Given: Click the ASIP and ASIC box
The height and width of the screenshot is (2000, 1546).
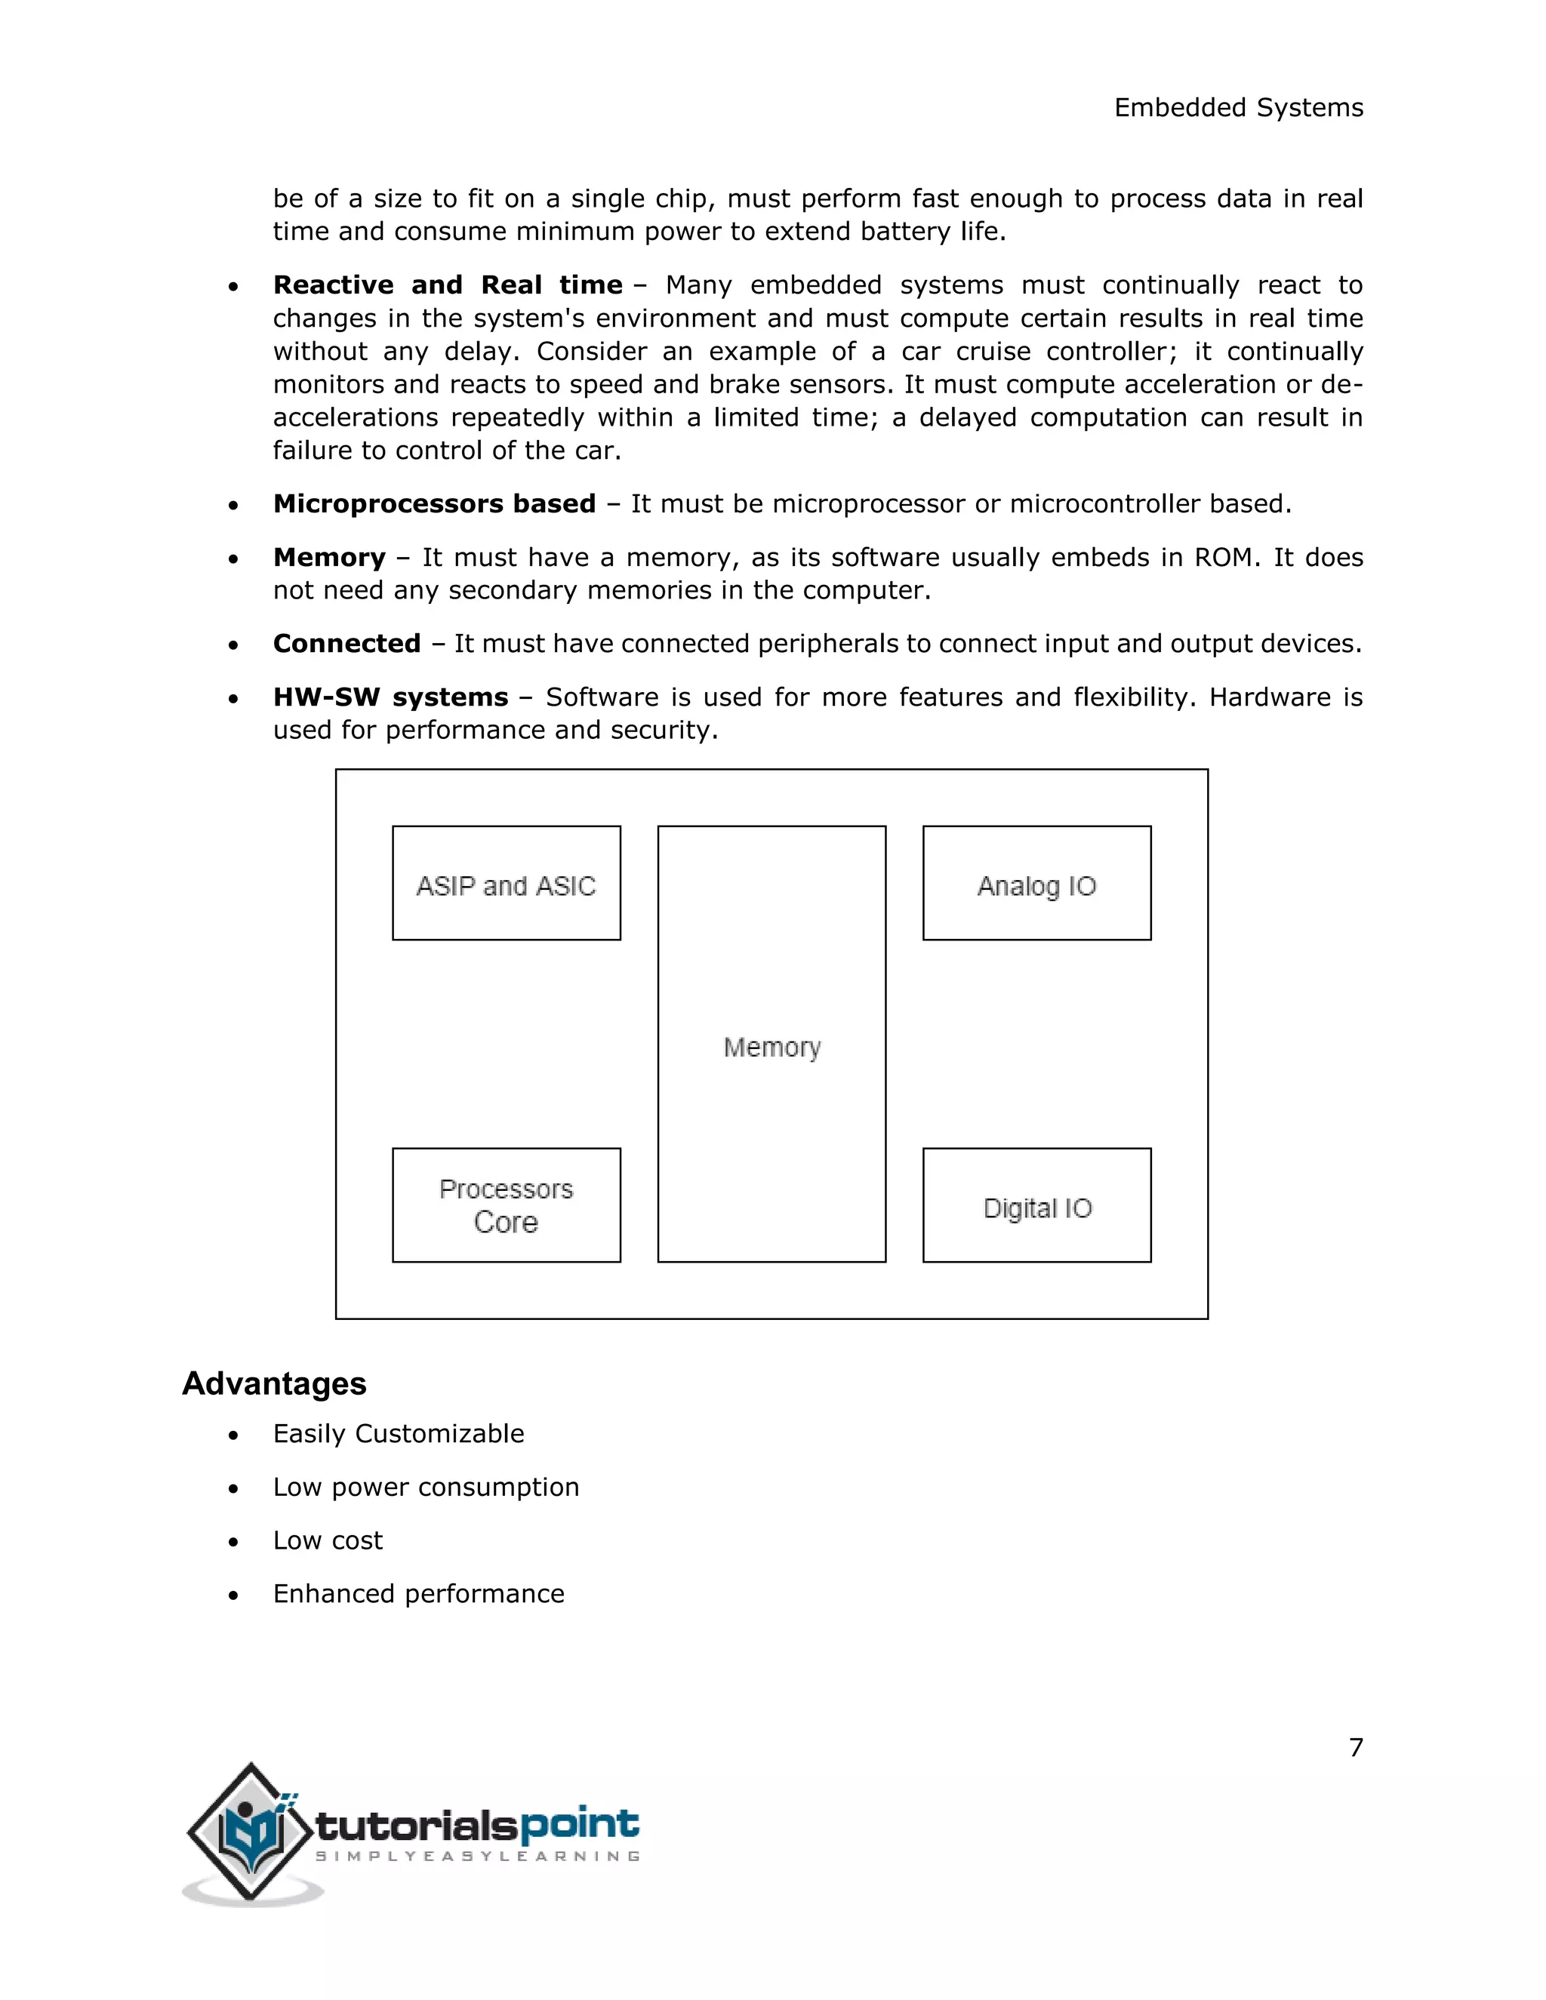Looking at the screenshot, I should [507, 884].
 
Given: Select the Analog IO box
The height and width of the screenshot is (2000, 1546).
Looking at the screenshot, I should [1036, 884].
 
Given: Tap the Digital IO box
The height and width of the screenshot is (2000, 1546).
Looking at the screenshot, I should [1036, 1206].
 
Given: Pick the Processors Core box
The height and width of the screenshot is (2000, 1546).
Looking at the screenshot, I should [507, 1206].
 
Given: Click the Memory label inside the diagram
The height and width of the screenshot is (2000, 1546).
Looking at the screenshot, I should [771, 1047].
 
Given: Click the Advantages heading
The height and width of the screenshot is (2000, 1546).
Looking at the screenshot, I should [274, 1383].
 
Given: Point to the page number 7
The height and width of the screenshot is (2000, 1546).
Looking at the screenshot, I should [1356, 1747].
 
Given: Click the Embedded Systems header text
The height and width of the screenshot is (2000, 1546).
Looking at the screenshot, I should [1238, 108].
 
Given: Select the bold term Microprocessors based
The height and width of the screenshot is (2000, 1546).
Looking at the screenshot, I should [434, 503].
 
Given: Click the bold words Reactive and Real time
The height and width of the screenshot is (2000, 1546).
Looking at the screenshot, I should [447, 285].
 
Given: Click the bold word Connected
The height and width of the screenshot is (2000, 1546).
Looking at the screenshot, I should [346, 644].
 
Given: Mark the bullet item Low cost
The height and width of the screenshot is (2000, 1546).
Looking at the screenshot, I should [327, 1540].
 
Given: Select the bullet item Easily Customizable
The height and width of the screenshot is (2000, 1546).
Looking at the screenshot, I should [399, 1433].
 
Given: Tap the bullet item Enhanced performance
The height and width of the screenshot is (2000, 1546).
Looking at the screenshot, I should [418, 1593].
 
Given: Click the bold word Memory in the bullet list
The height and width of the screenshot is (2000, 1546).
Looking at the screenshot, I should [329, 558].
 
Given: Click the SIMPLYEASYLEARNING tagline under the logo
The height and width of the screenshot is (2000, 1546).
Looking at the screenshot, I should [477, 1857].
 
